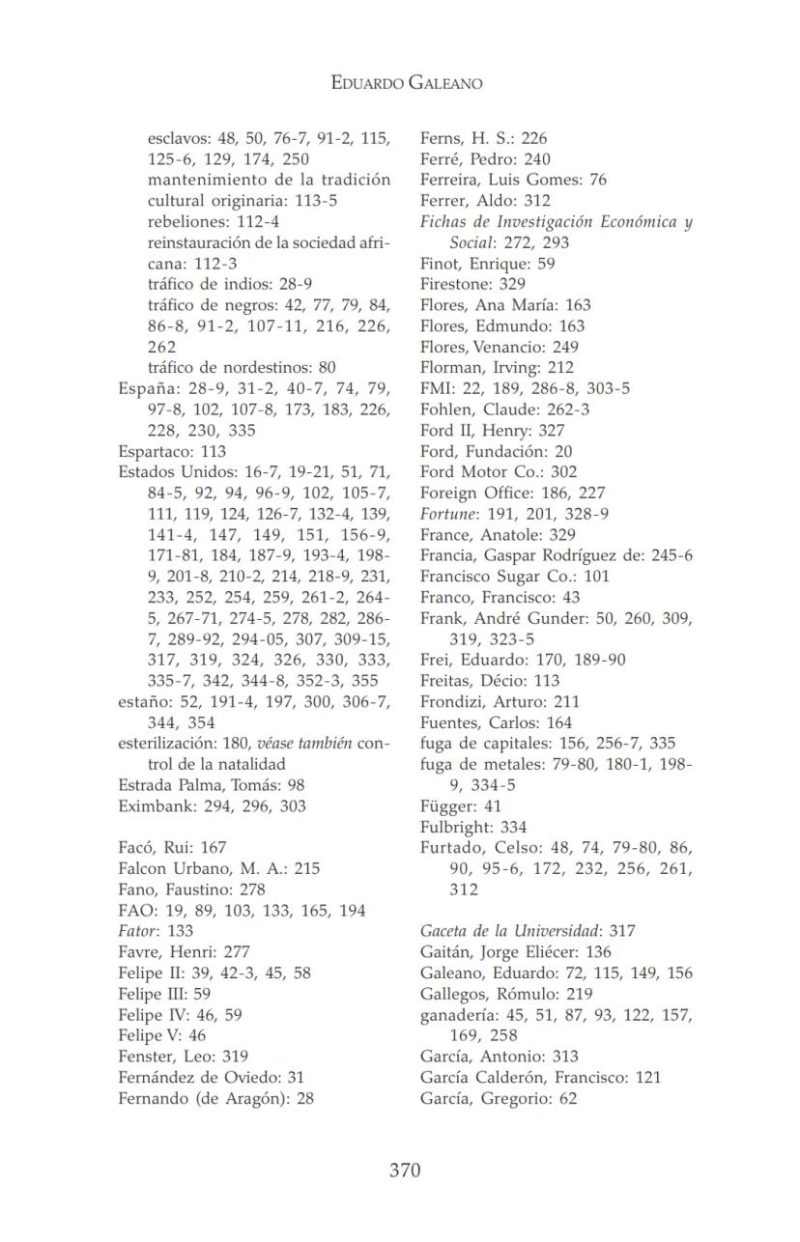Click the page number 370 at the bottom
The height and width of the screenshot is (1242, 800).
tap(405, 1171)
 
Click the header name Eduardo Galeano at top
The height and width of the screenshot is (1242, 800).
tap(406, 83)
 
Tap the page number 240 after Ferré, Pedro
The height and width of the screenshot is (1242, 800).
tap(537, 158)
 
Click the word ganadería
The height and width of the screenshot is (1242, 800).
tap(459, 1014)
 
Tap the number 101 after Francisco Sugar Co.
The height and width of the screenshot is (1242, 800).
tap(597, 577)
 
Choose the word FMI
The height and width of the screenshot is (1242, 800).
tap(436, 388)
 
